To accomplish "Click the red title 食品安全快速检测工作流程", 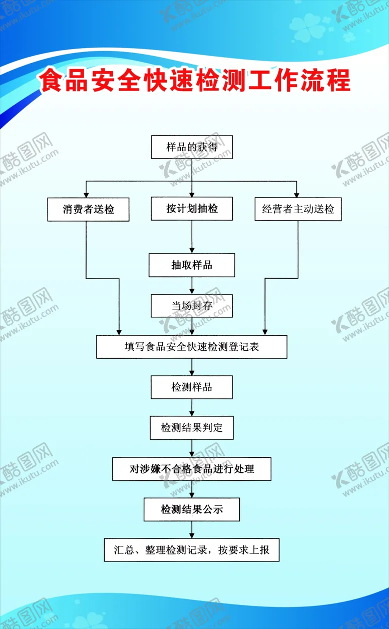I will [x=195, y=81].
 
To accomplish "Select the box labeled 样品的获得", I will [x=192, y=147].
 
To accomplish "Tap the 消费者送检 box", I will [x=89, y=209].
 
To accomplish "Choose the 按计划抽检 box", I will [x=192, y=208].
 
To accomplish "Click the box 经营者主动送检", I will [x=298, y=209].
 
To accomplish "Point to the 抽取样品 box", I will [x=192, y=265].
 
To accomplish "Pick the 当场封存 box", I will [x=192, y=305].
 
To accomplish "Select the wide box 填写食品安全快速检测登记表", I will [x=192, y=347].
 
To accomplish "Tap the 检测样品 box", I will [x=192, y=387].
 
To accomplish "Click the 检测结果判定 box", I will [x=192, y=428].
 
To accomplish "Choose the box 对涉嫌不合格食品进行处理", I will [x=192, y=469].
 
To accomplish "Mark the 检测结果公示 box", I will [x=192, y=509].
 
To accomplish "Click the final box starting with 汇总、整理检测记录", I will [x=192, y=550].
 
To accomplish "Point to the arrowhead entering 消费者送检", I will [x=86, y=194].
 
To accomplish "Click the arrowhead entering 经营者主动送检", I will [x=297, y=194].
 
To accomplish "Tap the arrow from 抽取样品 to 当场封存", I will [x=192, y=285].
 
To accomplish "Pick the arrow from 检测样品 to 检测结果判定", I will [x=192, y=407].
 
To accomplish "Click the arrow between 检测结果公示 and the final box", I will [x=192, y=529].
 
